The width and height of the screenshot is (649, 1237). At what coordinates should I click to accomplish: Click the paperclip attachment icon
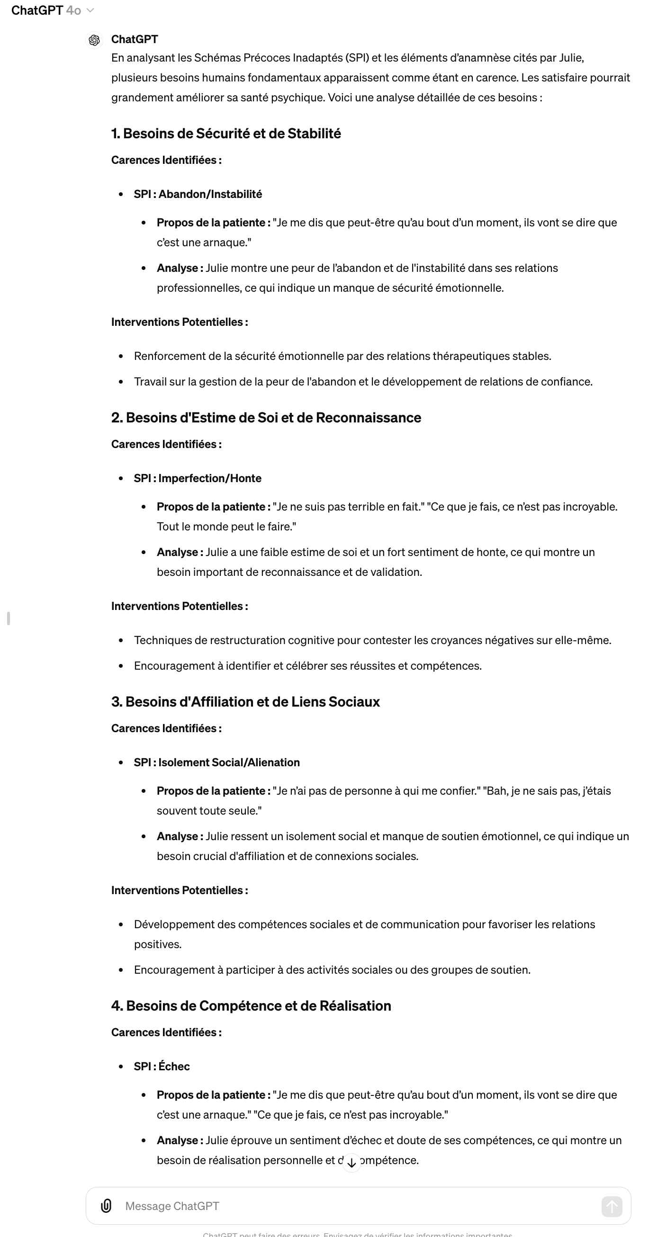tap(106, 1206)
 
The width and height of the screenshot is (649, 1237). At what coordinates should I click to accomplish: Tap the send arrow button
tap(612, 1206)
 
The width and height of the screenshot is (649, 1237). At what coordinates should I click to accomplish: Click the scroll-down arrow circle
tap(352, 1163)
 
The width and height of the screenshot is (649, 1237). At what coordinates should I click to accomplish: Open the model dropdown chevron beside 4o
tap(90, 10)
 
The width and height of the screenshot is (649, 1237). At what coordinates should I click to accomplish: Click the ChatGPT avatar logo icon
tap(94, 40)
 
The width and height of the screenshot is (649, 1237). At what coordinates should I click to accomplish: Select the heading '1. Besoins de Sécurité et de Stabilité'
tap(226, 134)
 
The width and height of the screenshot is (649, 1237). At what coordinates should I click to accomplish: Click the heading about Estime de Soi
tap(266, 418)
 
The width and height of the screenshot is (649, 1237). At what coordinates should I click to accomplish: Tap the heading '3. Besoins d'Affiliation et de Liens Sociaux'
tap(245, 702)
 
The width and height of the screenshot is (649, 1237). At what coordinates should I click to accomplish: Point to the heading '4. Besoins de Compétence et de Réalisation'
tap(251, 1006)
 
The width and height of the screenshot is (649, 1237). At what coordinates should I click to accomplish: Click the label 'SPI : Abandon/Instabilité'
tap(198, 194)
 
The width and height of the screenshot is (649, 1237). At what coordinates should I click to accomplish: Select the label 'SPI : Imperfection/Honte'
tap(198, 478)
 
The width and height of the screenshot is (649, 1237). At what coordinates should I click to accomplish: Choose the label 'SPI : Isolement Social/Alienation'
tap(216, 762)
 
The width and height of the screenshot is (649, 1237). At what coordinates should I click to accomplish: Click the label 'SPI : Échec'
tap(162, 1067)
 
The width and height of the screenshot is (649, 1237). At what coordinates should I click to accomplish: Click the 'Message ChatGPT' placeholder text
tap(172, 1206)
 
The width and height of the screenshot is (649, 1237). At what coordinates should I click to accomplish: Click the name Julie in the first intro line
tap(570, 58)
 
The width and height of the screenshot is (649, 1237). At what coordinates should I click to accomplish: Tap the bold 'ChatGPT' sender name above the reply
tap(135, 39)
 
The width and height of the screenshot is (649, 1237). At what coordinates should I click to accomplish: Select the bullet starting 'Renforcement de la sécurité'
tap(342, 356)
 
